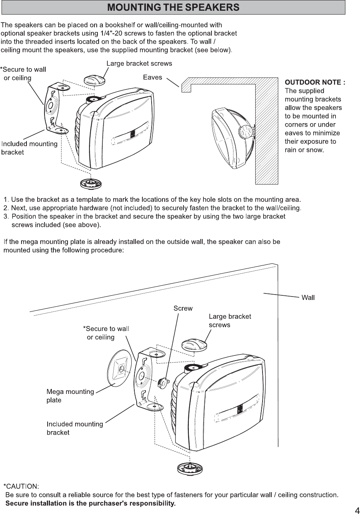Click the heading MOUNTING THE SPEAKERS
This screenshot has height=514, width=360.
click(x=173, y=7)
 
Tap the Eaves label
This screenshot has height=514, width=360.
click(x=152, y=77)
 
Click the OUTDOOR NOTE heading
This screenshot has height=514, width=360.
click(x=315, y=82)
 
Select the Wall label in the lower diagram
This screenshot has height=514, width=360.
click(x=308, y=298)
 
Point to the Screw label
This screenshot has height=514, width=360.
click(x=183, y=308)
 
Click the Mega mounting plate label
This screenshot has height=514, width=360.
click(x=70, y=396)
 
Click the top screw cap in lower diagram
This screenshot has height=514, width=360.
click(x=194, y=344)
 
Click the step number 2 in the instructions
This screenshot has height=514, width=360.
click(x=6, y=208)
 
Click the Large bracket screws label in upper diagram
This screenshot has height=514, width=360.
click(x=139, y=63)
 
